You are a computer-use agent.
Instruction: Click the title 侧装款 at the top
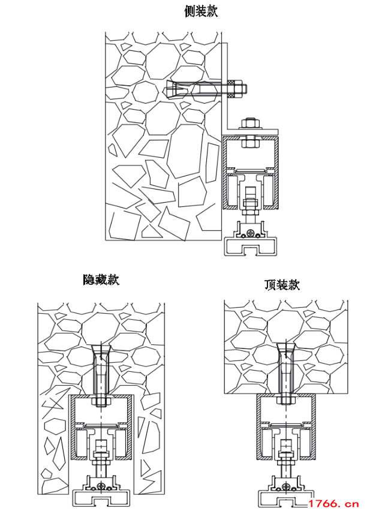tap(201, 11)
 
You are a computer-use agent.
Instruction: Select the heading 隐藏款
tap(101, 279)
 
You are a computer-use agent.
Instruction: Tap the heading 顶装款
tap(282, 285)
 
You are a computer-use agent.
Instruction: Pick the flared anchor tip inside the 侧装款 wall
tap(173, 91)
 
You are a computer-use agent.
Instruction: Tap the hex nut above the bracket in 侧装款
tap(248, 125)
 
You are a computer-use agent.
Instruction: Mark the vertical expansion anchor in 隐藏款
tap(100, 369)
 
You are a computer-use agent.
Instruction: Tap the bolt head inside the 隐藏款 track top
tap(100, 401)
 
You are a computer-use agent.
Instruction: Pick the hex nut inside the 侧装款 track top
tap(248, 142)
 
